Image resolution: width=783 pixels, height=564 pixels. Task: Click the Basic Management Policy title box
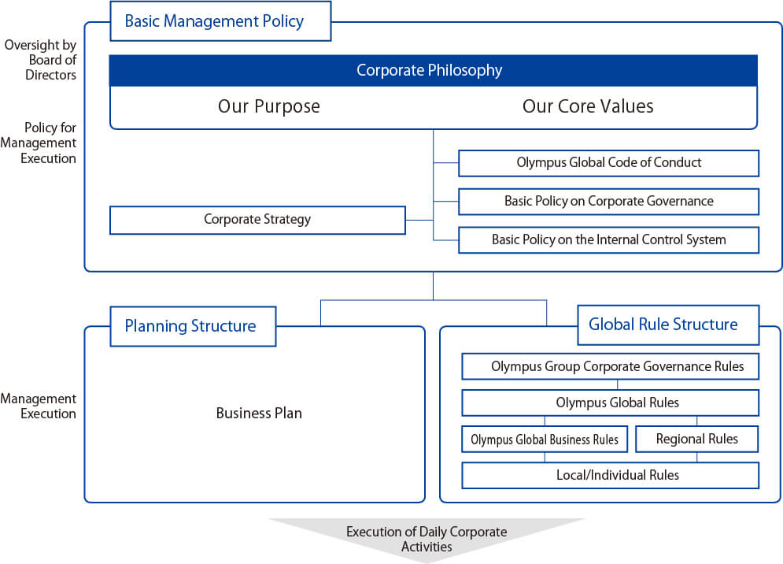click(x=220, y=21)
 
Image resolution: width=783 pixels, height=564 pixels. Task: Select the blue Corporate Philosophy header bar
click(x=433, y=71)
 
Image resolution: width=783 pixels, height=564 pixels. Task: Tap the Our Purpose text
click(x=269, y=106)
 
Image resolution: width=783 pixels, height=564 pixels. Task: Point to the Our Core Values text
click(x=588, y=106)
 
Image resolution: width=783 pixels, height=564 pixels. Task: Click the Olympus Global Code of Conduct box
click(x=608, y=163)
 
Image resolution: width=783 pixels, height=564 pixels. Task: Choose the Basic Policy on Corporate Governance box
click(x=608, y=201)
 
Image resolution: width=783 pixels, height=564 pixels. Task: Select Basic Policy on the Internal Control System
click(x=608, y=239)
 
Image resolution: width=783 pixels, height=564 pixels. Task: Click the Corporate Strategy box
click(x=257, y=220)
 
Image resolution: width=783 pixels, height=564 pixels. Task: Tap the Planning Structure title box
click(x=193, y=326)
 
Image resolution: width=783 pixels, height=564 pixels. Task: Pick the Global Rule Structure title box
click(x=667, y=325)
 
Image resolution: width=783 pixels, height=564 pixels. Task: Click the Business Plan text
click(x=259, y=413)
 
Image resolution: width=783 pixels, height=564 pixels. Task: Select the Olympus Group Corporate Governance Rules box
click(x=610, y=366)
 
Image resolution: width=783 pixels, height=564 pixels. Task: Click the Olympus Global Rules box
click(x=610, y=403)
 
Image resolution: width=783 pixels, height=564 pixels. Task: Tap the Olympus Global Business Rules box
click(x=545, y=440)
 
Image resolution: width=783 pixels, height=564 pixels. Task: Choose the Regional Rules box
click(x=696, y=440)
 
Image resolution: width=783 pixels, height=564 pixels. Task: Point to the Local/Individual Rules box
click(x=610, y=475)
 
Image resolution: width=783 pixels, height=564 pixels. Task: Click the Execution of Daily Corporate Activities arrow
click(x=427, y=539)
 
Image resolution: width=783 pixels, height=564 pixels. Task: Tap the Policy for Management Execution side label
click(x=39, y=143)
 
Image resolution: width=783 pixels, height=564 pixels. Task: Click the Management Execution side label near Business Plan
click(x=39, y=406)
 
